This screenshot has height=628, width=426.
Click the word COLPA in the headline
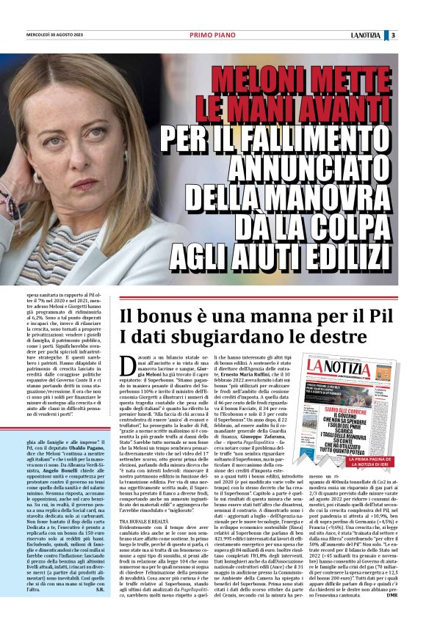[x=350, y=226]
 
